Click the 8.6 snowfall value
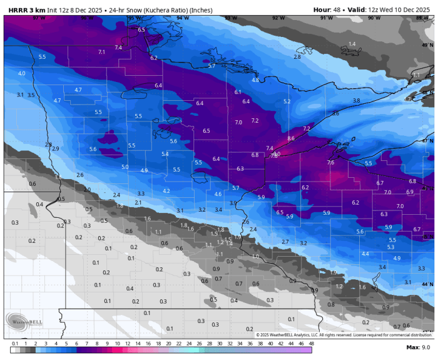click(x=290, y=138)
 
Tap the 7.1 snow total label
click(x=101, y=52)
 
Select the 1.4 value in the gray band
click(x=352, y=44)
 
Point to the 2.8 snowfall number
click(x=297, y=57)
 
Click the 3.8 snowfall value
click(x=356, y=100)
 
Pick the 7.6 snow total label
click(x=330, y=163)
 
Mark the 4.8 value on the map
click(x=255, y=80)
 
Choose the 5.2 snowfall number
click(x=287, y=101)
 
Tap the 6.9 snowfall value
click(x=410, y=192)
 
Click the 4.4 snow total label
click(x=365, y=254)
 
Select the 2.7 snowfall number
click(x=285, y=242)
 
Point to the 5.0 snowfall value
click(x=125, y=167)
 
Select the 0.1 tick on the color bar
click(x=14, y=344)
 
